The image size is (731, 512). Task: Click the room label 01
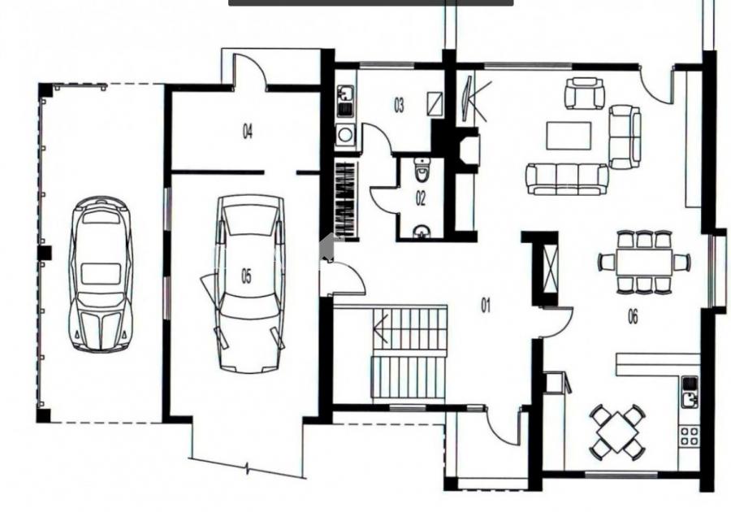pos(486,306)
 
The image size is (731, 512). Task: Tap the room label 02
pos(421,198)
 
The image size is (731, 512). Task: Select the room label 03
pos(399,106)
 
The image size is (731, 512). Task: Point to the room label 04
pos(248,132)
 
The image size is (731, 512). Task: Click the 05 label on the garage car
pos(246,276)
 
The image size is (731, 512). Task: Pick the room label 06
pos(633,317)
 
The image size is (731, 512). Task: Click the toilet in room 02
pos(422,170)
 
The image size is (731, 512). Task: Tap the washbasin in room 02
pos(422,232)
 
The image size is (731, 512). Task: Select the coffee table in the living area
pos(569,136)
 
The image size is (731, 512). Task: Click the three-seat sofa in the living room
pos(567,179)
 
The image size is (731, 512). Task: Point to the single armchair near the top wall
pos(585,93)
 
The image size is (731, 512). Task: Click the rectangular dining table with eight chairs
pos(644,262)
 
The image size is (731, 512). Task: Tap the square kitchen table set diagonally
pos(617,432)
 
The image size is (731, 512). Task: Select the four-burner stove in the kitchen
pos(689,436)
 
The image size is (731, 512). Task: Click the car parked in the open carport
pos(100,274)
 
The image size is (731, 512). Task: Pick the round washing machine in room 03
pos(345,135)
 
